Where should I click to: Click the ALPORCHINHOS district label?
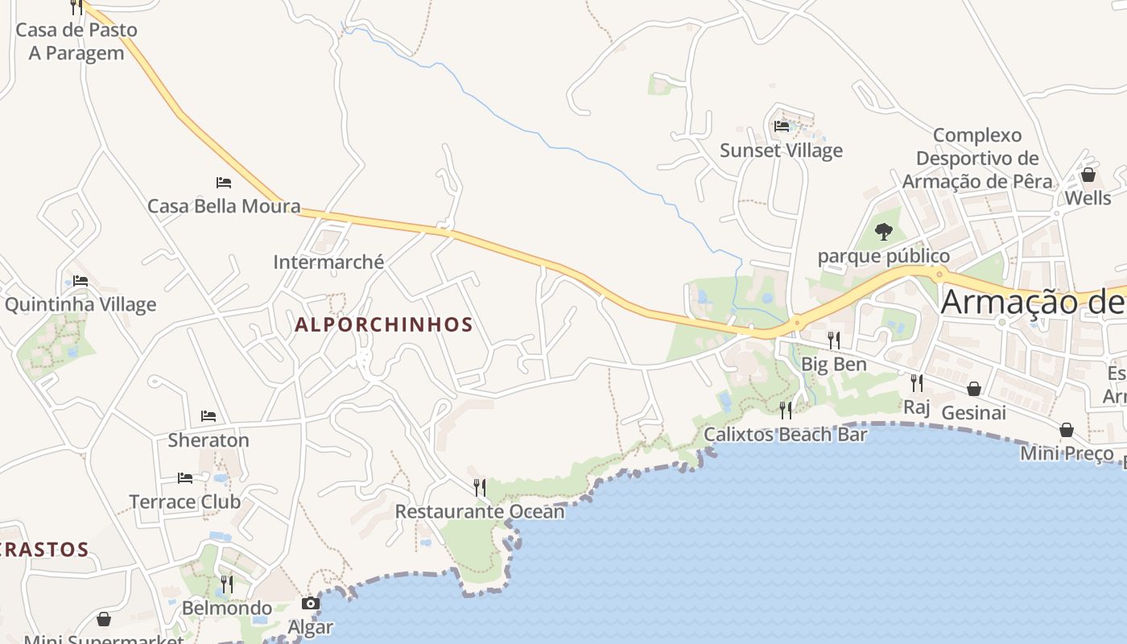click(x=384, y=324)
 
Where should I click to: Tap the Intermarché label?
click(x=328, y=262)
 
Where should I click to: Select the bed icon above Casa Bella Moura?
click(x=224, y=183)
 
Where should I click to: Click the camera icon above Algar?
click(x=311, y=603)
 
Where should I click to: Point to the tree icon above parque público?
click(x=884, y=232)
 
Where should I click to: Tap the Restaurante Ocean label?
click(x=480, y=511)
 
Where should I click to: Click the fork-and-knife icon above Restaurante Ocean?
click(x=480, y=487)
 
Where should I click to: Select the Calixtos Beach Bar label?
click(x=786, y=435)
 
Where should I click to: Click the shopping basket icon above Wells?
click(x=1088, y=175)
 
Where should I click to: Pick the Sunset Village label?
click(x=781, y=151)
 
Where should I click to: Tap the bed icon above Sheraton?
click(x=208, y=416)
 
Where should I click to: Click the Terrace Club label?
click(x=185, y=502)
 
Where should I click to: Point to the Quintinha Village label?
click(x=80, y=304)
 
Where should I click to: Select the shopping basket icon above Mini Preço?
click(x=1067, y=430)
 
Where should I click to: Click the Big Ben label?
click(x=834, y=364)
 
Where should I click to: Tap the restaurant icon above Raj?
click(x=917, y=382)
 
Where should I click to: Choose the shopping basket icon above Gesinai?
click(x=974, y=389)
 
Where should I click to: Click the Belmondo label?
click(x=227, y=608)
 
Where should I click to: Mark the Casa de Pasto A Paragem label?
click(x=76, y=41)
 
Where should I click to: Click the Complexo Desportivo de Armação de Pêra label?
click(x=977, y=158)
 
